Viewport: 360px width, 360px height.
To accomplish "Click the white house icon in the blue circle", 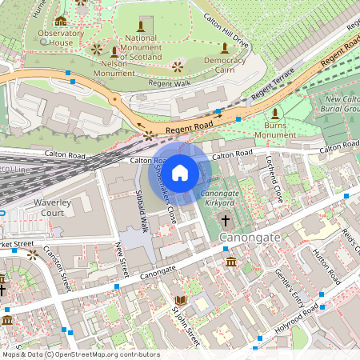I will pos(180,172).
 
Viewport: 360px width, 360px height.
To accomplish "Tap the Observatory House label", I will pos(61,38).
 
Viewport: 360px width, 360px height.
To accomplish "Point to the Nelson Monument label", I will pos(114,68).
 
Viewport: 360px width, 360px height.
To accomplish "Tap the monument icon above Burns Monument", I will pos(276,113).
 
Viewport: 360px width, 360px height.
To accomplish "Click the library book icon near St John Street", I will pos(181,300).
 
